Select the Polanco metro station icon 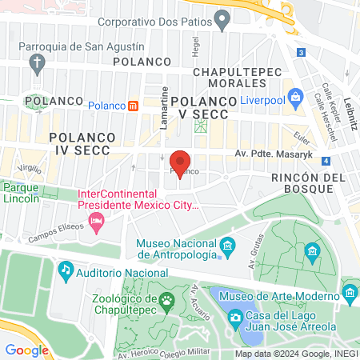133,105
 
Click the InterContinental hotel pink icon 97,219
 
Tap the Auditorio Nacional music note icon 65,273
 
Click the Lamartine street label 165,102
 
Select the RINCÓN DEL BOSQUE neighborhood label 308,182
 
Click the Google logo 27,350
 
